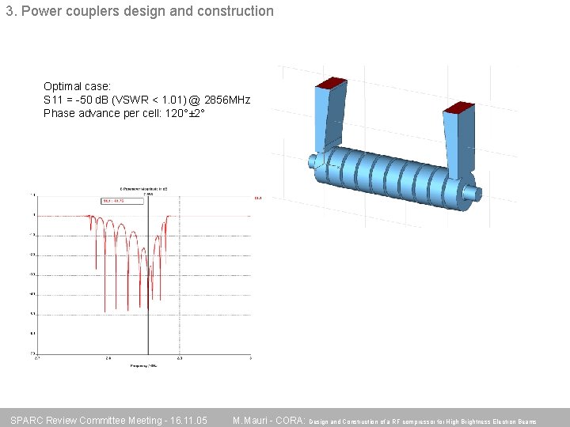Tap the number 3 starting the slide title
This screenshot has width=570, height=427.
point(9,12)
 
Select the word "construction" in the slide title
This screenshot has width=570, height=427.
point(234,12)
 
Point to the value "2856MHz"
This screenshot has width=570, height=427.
point(227,100)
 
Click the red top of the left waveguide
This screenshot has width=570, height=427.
point(332,83)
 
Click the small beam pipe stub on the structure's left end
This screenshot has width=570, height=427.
point(312,162)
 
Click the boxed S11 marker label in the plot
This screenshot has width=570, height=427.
point(122,201)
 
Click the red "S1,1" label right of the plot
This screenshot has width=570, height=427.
point(257,198)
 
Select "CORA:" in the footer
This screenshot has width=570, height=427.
point(290,420)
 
